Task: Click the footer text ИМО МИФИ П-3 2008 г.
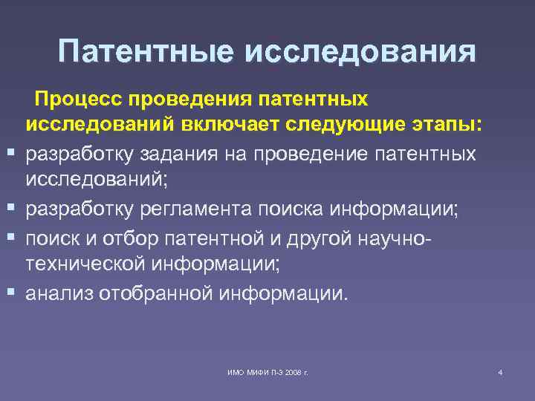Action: click(x=267, y=372)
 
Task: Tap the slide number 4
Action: click(x=500, y=372)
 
